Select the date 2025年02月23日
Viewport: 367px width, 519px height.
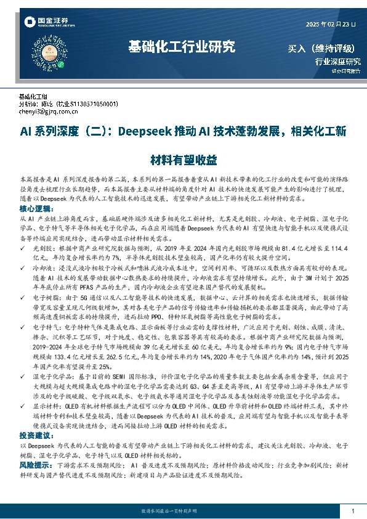pos(331,25)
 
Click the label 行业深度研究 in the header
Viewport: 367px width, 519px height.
pos(337,62)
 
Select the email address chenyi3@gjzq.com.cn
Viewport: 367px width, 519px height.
pos(49,112)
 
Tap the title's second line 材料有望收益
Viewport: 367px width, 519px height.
pos(183,160)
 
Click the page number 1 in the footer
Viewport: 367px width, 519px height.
pos(352,511)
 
